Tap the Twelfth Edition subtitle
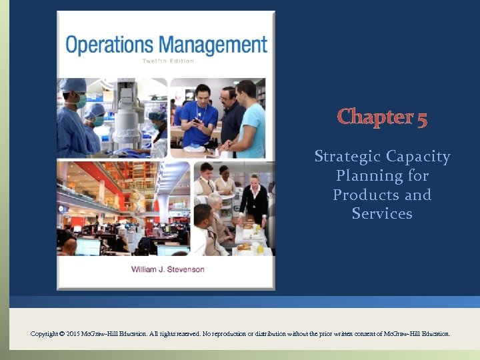click(x=167, y=61)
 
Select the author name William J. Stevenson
click(x=166, y=269)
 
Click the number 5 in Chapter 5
click(x=421, y=117)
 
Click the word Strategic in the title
click(x=347, y=157)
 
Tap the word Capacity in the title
click(x=417, y=157)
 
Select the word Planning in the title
click(x=363, y=176)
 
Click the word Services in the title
click(x=382, y=214)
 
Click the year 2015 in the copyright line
click(x=73, y=333)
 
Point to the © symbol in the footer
click(x=61, y=333)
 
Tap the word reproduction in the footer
click(x=244, y=333)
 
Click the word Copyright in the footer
click(x=44, y=333)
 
